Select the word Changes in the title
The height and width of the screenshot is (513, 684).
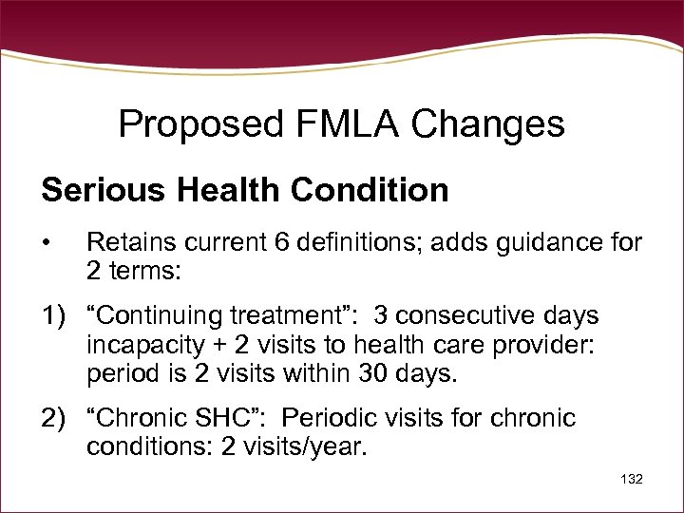(x=493, y=123)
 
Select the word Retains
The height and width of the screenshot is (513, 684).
(x=127, y=244)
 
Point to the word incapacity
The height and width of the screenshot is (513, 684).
(x=145, y=345)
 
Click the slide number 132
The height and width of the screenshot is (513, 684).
(x=630, y=480)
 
